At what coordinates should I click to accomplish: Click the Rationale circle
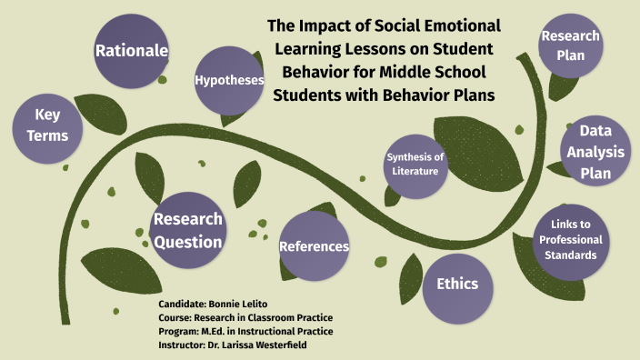point(132,51)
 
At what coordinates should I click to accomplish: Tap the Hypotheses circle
point(229,81)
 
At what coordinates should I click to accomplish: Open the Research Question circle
point(187,231)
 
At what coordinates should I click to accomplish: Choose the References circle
point(314,246)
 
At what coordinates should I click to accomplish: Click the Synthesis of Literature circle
point(415,165)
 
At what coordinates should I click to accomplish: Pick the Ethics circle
point(457,285)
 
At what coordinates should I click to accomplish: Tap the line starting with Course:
point(245,316)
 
